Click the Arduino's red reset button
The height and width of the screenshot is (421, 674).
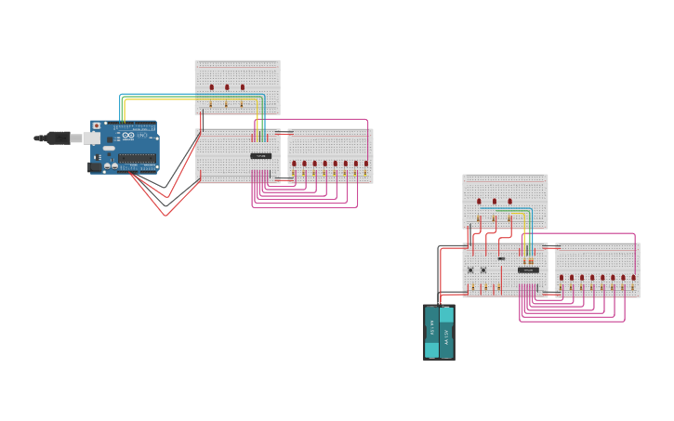[x=96, y=125]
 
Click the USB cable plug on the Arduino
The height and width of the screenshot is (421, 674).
[x=90, y=138]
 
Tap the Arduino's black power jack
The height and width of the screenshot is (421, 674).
[x=95, y=167]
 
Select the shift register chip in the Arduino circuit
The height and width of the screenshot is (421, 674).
[x=261, y=155]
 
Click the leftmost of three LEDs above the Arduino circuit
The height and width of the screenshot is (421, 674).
[x=211, y=87]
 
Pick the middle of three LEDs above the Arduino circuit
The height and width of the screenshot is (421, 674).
[x=227, y=87]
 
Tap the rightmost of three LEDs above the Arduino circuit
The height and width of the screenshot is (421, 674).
[x=243, y=87]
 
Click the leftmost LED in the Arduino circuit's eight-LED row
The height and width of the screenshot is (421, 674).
[x=294, y=164]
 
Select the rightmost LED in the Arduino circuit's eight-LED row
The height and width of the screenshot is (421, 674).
[x=365, y=164]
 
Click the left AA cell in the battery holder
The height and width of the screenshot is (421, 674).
[x=431, y=332]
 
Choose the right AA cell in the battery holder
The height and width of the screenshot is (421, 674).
[x=446, y=332]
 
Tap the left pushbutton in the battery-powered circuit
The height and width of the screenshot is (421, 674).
[x=470, y=270]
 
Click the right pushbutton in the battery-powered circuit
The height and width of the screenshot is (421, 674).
[x=483, y=270]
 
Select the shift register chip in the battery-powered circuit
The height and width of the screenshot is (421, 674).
[x=528, y=270]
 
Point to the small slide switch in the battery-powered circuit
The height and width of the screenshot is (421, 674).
[x=501, y=258]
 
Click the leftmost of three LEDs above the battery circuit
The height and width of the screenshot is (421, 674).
[x=479, y=201]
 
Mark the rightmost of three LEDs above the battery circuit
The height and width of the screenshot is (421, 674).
[x=510, y=201]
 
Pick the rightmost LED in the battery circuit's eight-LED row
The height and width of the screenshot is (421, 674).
[x=633, y=277]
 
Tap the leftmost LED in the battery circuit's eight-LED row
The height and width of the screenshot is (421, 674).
[x=562, y=277]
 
